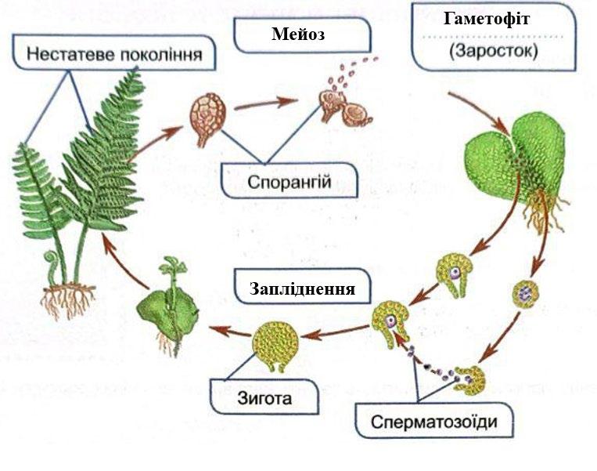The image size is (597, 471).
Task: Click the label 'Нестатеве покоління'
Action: coord(114,54)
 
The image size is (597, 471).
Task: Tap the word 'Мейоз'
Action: coord(298,34)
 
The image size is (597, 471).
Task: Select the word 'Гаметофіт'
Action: coord(487,18)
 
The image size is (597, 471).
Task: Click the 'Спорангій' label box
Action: coord(289,181)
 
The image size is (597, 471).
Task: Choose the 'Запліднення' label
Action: coord(303,288)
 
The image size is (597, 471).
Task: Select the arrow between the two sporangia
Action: coord(266,103)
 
